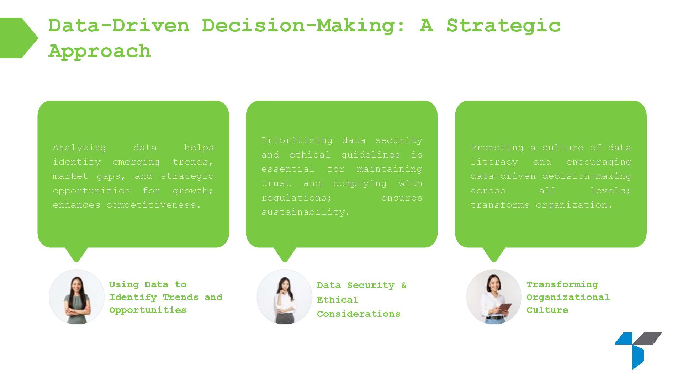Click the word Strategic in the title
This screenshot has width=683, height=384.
(x=503, y=26)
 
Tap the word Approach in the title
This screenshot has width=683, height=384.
(x=100, y=51)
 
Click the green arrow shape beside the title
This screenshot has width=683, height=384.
(x=18, y=38)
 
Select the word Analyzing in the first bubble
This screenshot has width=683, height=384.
(x=79, y=148)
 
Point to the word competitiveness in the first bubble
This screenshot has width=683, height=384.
(x=154, y=205)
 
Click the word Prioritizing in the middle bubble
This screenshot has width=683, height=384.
(x=297, y=140)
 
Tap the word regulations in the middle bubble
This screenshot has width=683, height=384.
(x=296, y=198)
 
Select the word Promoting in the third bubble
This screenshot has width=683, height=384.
(x=497, y=148)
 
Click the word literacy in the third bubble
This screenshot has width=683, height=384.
(x=494, y=162)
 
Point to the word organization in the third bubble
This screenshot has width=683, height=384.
(x=574, y=205)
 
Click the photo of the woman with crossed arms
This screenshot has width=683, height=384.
(x=76, y=297)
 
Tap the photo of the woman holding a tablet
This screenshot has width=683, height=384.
(x=494, y=297)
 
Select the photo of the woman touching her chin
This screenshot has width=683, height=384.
(x=285, y=297)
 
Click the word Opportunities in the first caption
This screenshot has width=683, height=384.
(x=148, y=310)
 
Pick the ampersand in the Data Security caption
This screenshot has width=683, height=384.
(x=403, y=285)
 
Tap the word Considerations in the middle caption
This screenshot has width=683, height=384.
(x=359, y=314)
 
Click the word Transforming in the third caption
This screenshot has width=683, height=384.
(x=562, y=284)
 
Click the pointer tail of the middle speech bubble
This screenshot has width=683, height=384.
(x=285, y=254)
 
